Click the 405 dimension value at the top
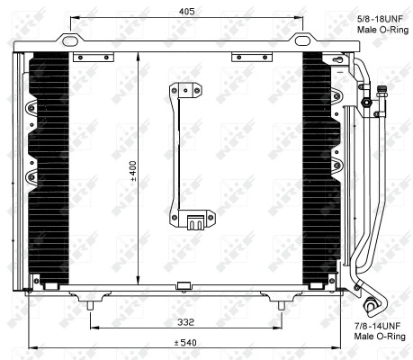187,11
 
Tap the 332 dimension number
186,321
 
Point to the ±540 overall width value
186,343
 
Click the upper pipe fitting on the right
366,102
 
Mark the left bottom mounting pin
89,306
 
